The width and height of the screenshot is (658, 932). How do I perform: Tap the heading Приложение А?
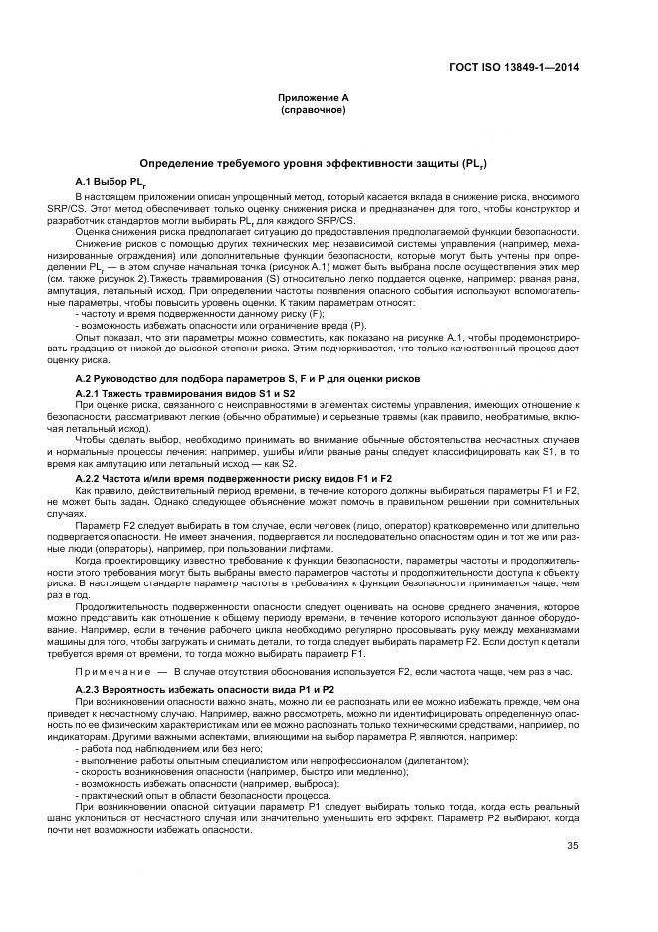click(x=314, y=98)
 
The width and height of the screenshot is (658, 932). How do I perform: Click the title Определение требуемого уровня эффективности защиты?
click(x=313, y=162)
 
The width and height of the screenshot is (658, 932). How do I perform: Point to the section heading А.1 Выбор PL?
click(x=110, y=182)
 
